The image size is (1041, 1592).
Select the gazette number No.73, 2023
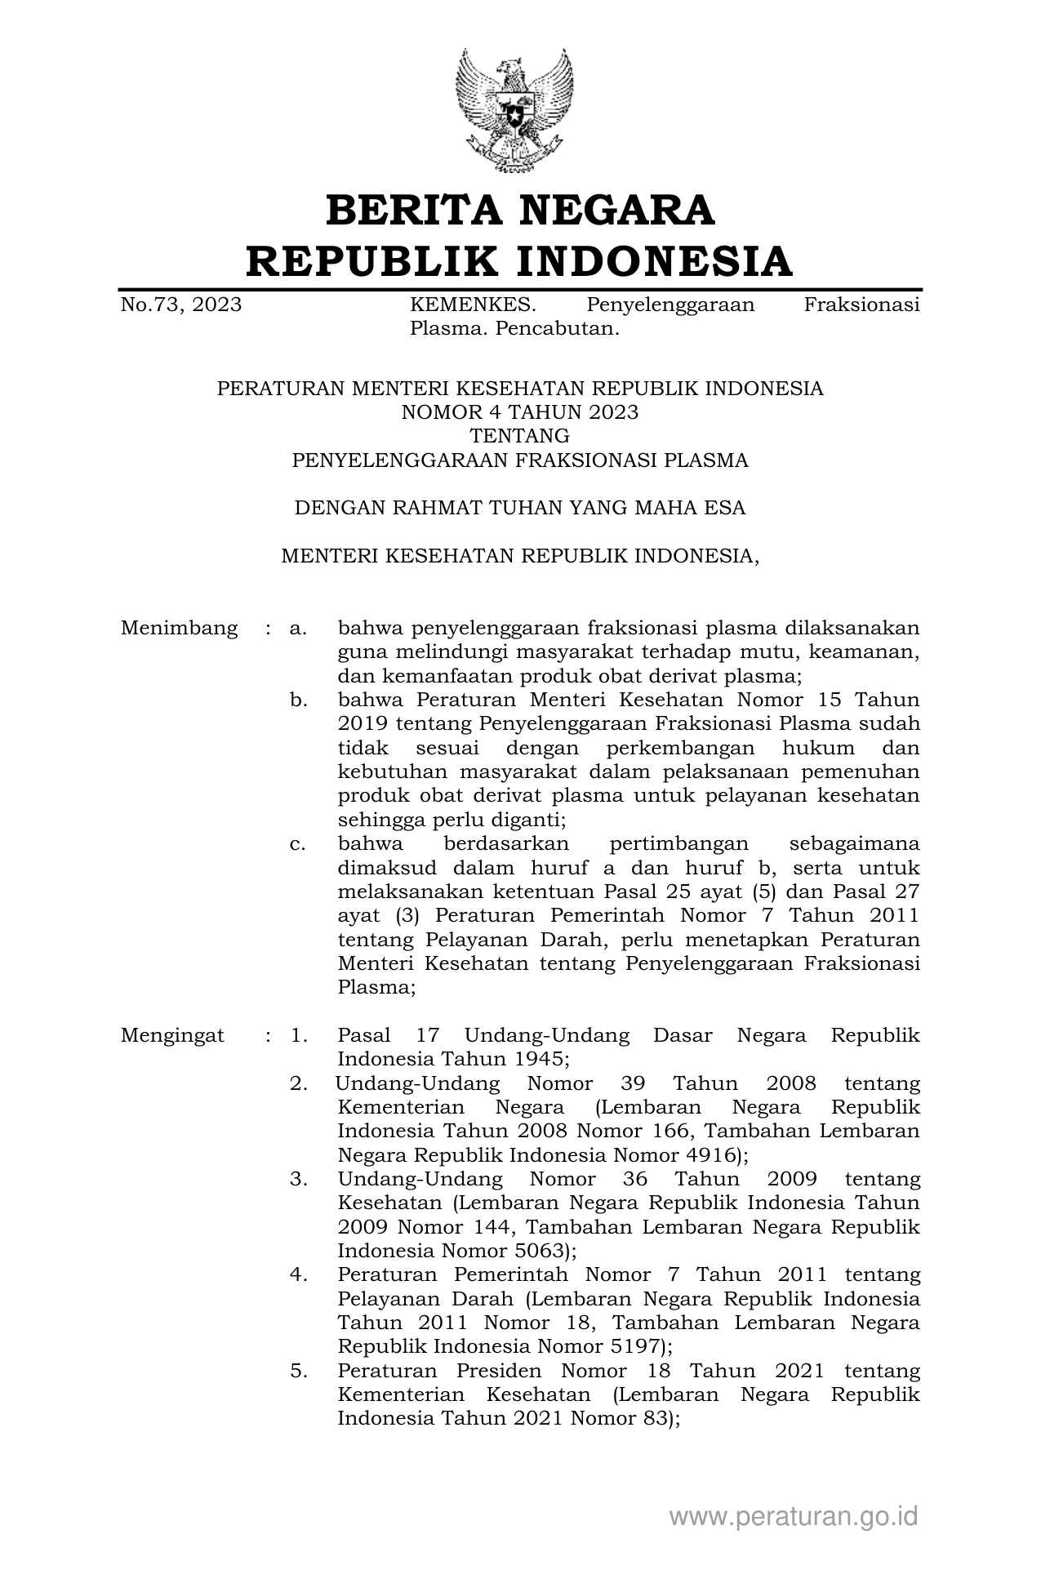coord(181,305)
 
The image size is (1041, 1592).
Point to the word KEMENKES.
coord(473,305)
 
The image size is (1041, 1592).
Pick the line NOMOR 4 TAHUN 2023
coord(520,412)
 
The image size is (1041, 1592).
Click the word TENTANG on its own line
coord(520,436)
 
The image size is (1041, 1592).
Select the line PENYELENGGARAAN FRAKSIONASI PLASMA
coord(520,460)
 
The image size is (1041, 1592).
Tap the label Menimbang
coord(180,628)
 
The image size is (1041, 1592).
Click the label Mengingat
coord(172,1035)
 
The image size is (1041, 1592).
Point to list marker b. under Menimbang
coord(298,700)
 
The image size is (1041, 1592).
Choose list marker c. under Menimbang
coord(298,843)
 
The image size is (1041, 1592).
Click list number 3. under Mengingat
coord(298,1179)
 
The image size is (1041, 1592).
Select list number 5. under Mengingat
coord(298,1370)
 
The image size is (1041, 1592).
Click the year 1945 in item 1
coord(537,1060)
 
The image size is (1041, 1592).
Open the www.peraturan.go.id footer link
coord(794,1516)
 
